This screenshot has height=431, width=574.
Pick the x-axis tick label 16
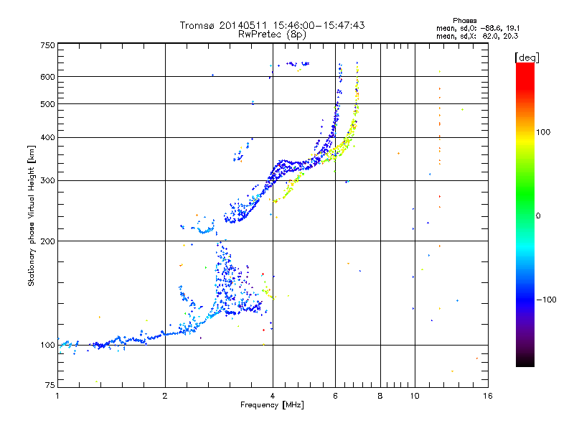(487, 396)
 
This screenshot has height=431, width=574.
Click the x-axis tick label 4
(273, 396)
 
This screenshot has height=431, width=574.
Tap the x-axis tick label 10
(413, 396)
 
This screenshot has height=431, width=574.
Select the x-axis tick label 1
(57, 396)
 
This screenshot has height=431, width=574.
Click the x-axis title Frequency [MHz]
(272, 406)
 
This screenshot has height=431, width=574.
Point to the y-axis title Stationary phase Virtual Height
(32, 215)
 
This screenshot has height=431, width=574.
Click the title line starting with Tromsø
(272, 25)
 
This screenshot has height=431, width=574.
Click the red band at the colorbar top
(524, 68)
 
